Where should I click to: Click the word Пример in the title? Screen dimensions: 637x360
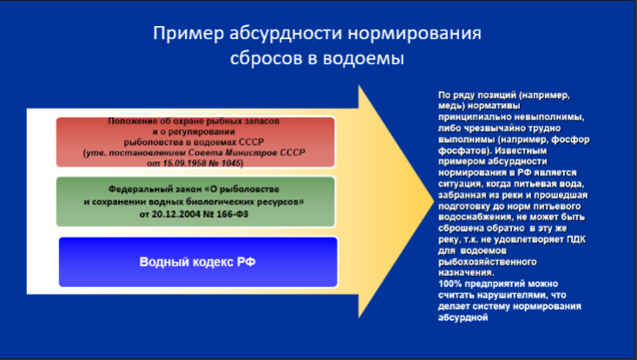coord(188,34)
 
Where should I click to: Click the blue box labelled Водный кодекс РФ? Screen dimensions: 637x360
coord(198,262)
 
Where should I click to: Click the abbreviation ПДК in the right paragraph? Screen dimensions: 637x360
coord(576,239)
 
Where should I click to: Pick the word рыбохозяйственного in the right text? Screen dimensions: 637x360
coord(488,262)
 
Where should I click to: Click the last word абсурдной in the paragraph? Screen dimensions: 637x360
coord(463,317)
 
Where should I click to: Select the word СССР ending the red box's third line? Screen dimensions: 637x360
coord(251,142)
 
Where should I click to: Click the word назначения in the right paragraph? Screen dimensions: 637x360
coord(466,272)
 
